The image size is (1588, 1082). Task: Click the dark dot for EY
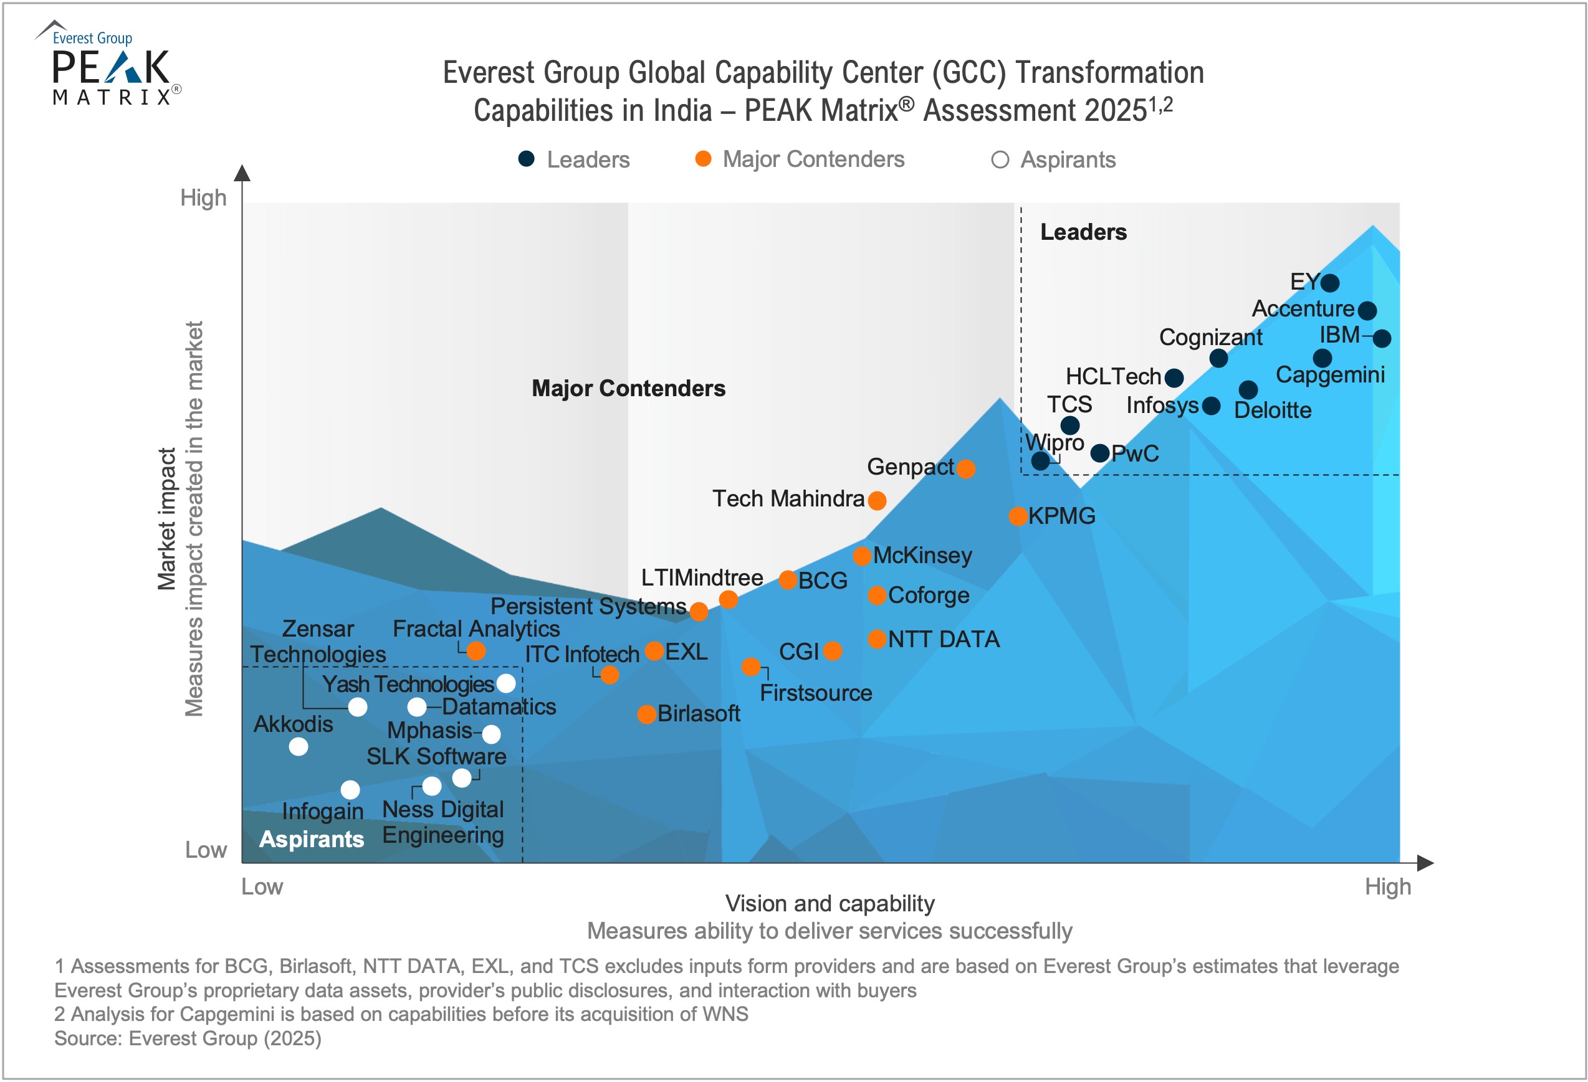pyautogui.click(x=1330, y=283)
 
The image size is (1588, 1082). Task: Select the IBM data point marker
pyautogui.click(x=1382, y=338)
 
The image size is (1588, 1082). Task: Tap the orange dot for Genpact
pyautogui.click(x=965, y=468)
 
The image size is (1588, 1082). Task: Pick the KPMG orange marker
pyautogui.click(x=1018, y=516)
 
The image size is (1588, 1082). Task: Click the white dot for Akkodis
pyautogui.click(x=298, y=747)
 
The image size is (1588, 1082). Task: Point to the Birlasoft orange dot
pyautogui.click(x=646, y=714)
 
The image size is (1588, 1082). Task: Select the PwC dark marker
pyautogui.click(x=1099, y=453)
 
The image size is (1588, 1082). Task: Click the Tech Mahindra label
pyautogui.click(x=788, y=499)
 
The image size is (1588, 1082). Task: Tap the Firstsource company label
pyautogui.click(x=816, y=693)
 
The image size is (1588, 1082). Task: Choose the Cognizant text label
pyautogui.click(x=1210, y=338)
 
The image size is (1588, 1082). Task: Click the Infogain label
pyautogui.click(x=322, y=812)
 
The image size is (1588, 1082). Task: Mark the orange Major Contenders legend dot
pyautogui.click(x=703, y=159)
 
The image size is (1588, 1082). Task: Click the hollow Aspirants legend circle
pyautogui.click(x=1000, y=160)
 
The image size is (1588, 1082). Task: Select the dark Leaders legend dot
pyautogui.click(x=526, y=159)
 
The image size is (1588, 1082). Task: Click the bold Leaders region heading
pyautogui.click(x=1083, y=232)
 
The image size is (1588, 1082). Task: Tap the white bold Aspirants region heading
pyautogui.click(x=312, y=839)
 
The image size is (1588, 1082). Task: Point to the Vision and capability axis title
pyautogui.click(x=830, y=904)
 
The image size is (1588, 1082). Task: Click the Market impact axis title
pyautogui.click(x=167, y=519)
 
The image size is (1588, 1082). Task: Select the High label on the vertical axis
pyautogui.click(x=203, y=198)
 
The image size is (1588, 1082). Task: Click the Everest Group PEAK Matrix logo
pyautogui.click(x=109, y=64)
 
